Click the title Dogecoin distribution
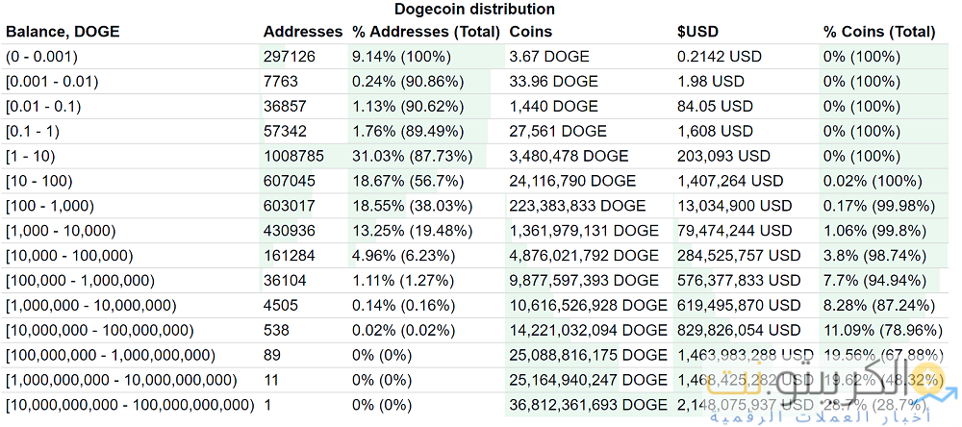[x=473, y=10]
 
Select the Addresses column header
[x=302, y=32]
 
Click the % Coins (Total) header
[x=878, y=32]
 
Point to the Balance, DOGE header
[x=63, y=32]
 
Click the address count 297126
[x=289, y=57]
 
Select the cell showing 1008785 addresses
[x=292, y=156]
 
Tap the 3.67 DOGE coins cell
[x=544, y=57]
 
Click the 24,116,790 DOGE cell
[x=572, y=181]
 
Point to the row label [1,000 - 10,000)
[x=61, y=231]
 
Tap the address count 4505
[x=280, y=306]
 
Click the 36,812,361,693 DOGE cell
[x=588, y=405]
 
